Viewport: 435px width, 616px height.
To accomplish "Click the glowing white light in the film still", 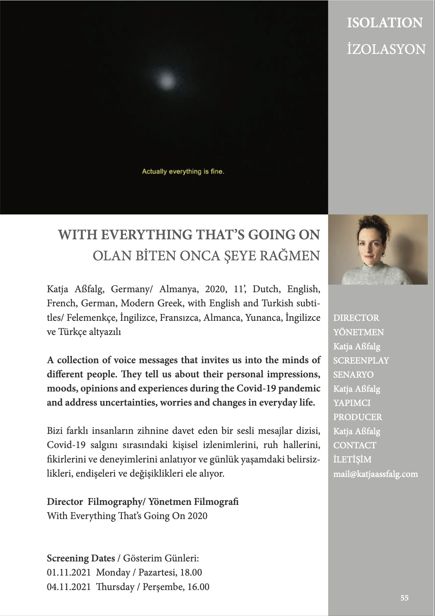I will pos(167,80).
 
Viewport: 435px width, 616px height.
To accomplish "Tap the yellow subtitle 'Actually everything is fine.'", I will pos(183,171).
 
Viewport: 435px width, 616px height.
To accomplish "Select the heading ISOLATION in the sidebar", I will pos(385,23).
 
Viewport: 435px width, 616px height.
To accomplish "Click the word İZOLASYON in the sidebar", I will pos(386,49).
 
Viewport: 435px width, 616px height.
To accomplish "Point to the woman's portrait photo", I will pos(378,249).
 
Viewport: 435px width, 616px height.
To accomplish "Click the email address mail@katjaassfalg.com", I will pos(376,474).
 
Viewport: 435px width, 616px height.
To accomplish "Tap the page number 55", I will pos(404,598).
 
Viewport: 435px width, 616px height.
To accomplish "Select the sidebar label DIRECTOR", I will pos(356,318).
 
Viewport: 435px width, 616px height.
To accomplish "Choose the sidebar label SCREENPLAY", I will pos(361,361).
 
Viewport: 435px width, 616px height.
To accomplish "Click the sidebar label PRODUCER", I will pos(357,417).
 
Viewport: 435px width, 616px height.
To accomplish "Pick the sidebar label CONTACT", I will pos(355,445).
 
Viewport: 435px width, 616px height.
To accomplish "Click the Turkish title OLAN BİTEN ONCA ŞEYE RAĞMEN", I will pos(206,256).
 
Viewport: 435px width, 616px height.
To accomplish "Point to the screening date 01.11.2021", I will pos(69,572).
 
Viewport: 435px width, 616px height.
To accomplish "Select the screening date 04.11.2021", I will pos(69,587).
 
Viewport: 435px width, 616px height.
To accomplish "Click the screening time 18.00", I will pos(191,572).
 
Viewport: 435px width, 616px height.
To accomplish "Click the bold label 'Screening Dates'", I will pos(81,558).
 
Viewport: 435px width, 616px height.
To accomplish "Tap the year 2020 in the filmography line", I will pos(197,516).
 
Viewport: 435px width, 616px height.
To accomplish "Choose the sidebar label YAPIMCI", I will pos(352,403).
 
